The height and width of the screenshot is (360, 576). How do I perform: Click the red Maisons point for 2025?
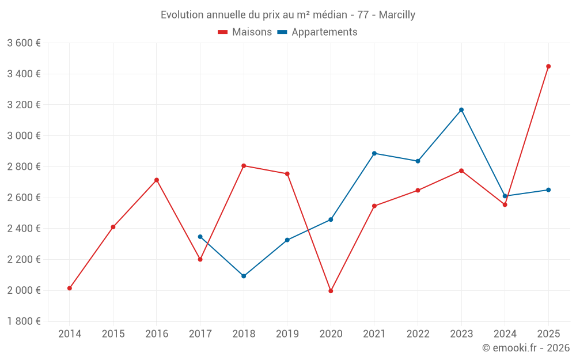[548, 66]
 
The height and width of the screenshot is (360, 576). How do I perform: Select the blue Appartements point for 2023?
[461, 110]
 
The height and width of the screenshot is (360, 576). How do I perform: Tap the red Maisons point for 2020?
[331, 291]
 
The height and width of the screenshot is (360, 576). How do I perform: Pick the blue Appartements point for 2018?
[244, 276]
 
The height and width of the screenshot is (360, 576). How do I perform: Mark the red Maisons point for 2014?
[70, 288]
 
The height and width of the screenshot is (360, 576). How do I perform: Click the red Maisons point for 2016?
[157, 180]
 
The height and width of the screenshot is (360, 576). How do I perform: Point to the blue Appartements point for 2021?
[374, 153]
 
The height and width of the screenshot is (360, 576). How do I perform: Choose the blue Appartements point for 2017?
[200, 237]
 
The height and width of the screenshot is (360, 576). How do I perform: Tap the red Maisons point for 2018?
[244, 166]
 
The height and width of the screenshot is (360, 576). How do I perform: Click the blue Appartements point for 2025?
[548, 190]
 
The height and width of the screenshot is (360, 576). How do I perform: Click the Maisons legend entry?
[245, 32]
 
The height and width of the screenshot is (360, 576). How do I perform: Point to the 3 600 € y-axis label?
[24, 43]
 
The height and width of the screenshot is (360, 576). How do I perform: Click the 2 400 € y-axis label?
[24, 229]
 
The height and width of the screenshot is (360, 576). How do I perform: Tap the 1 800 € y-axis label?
[24, 321]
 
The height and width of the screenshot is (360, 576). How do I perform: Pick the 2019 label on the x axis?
[287, 334]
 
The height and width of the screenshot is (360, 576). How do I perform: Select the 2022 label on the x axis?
[418, 334]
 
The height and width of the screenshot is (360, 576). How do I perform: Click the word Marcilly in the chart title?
[397, 15]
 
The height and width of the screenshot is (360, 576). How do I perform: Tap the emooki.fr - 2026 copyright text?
[526, 348]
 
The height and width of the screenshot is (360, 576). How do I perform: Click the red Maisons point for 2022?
[418, 190]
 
